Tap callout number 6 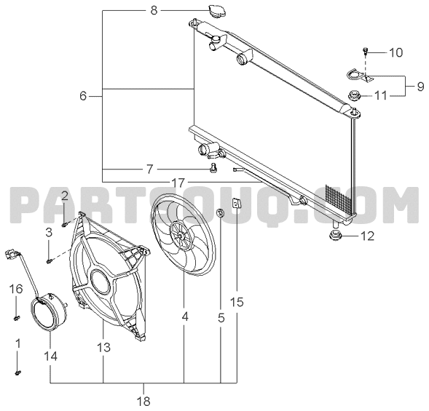[x=83, y=96]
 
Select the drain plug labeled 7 [x=213, y=168]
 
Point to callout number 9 [x=420, y=87]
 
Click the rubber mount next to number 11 [x=354, y=96]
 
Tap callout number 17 [x=178, y=183]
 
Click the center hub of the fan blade [x=181, y=236]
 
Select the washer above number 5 [x=220, y=213]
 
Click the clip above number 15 [x=237, y=203]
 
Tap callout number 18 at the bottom [x=144, y=401]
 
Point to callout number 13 [x=103, y=347]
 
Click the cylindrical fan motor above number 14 [x=48, y=311]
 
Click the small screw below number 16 [x=17, y=318]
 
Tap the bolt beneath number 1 [x=18, y=372]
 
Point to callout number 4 [x=185, y=317]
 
